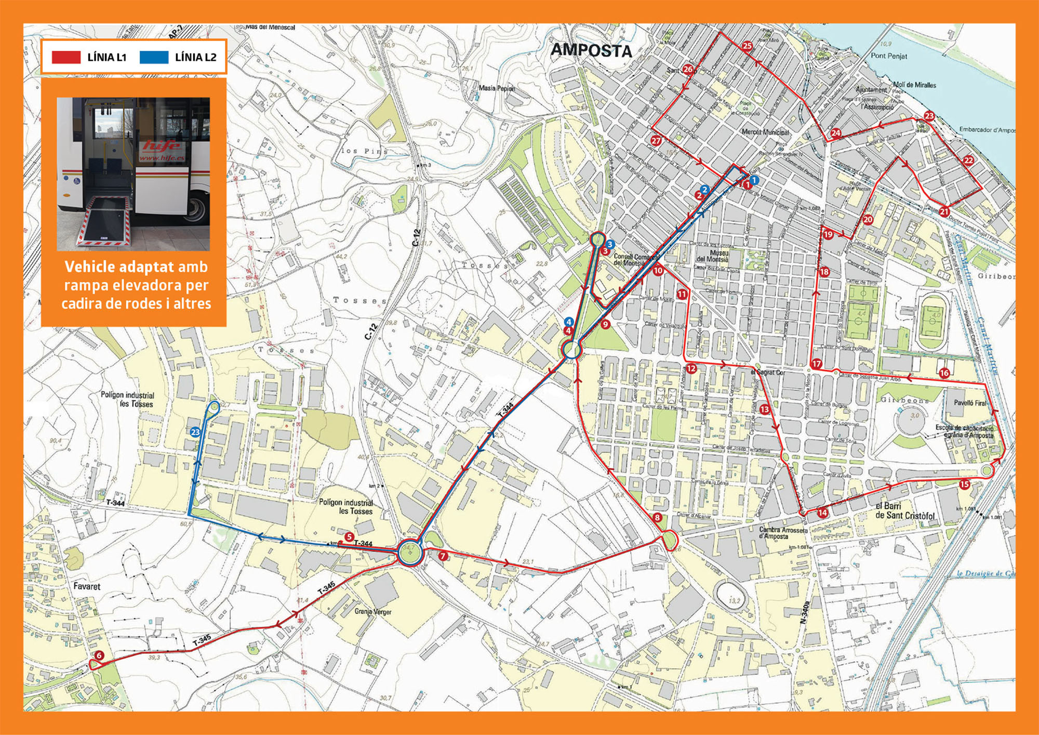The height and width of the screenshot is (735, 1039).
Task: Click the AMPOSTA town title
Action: click(x=591, y=50)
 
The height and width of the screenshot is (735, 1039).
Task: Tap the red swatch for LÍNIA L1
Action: click(x=66, y=57)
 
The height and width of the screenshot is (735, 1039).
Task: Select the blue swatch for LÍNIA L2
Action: click(x=154, y=57)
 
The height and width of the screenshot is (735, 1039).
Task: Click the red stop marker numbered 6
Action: click(x=99, y=656)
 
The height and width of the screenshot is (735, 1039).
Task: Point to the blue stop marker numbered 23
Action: click(x=195, y=432)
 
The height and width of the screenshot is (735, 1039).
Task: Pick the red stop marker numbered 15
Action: click(x=964, y=484)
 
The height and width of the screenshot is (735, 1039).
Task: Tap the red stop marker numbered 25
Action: click(x=747, y=46)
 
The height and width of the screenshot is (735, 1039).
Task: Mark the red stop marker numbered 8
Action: click(x=658, y=518)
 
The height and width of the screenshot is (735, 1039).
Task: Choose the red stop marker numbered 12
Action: click(x=691, y=369)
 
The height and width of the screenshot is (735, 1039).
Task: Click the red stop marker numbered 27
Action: click(x=656, y=140)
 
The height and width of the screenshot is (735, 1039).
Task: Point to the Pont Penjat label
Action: click(x=889, y=56)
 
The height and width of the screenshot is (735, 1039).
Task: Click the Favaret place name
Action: click(x=87, y=586)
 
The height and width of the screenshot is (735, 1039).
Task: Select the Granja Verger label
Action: click(x=373, y=611)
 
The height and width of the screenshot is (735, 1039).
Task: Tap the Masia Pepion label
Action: click(x=497, y=88)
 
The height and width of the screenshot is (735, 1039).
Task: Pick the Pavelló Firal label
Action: click(x=970, y=403)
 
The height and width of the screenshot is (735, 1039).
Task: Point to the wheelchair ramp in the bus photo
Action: click(x=104, y=220)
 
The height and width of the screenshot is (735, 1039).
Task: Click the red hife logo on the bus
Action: click(x=162, y=146)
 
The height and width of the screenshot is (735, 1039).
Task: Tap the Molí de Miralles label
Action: click(x=914, y=85)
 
